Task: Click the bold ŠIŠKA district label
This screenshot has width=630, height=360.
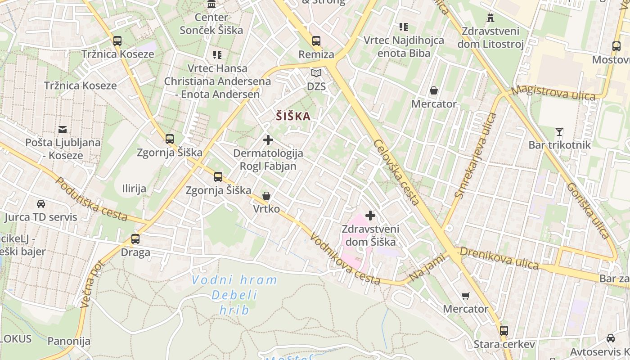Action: (x=293, y=117)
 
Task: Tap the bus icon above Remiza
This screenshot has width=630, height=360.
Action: (x=316, y=41)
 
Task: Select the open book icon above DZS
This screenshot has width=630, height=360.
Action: (x=316, y=73)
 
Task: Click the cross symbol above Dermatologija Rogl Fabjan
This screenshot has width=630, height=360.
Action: (x=268, y=140)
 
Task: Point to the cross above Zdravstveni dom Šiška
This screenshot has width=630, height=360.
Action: (x=370, y=216)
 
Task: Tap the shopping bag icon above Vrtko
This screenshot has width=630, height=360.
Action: (x=266, y=196)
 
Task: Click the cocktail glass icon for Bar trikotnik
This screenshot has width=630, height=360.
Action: (x=559, y=132)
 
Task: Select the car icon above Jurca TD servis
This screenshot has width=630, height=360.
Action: (x=41, y=204)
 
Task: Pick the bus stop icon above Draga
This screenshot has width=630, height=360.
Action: (x=135, y=239)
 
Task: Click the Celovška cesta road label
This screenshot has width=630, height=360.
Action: (x=396, y=171)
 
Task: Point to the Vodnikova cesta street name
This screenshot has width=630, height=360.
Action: (x=345, y=261)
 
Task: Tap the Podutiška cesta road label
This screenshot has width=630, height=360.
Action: (x=91, y=199)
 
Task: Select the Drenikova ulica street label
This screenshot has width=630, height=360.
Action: (x=499, y=257)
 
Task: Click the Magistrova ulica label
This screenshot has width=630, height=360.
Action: (x=553, y=92)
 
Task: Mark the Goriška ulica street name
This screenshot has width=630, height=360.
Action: (x=588, y=210)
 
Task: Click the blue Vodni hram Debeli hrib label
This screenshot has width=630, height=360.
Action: (x=234, y=295)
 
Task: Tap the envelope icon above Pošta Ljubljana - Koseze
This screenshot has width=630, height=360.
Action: (x=63, y=130)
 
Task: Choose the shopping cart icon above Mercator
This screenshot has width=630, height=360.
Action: (x=466, y=296)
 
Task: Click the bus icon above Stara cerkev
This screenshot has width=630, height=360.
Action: (x=504, y=331)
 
